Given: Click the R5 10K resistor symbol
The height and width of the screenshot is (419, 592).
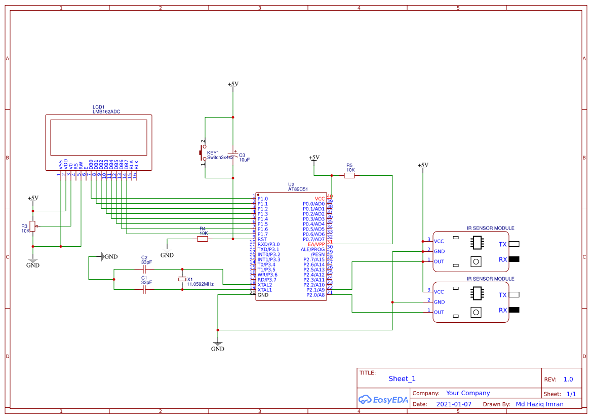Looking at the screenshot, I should pos(349,175).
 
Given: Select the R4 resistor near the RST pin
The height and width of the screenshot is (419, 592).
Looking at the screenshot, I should pos(203,239).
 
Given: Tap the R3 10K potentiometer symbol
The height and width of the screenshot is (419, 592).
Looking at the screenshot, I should pos(33,226).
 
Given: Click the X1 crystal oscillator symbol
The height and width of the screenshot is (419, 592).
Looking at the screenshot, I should pos(182,280).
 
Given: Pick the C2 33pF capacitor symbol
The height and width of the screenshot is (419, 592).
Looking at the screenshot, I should pos(144,270).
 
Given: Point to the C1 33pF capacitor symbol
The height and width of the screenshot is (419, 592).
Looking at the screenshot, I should pos(144,289).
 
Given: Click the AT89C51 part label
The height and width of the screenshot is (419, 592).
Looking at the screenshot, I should pos(298,189).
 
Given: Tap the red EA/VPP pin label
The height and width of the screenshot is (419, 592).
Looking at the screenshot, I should pos(316,244).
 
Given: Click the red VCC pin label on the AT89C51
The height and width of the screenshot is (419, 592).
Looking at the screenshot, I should pos(320,199).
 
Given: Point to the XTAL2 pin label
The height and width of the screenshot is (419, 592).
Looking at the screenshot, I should pos(264,285).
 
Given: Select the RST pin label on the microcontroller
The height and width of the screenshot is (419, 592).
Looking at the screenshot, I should pos(262,239).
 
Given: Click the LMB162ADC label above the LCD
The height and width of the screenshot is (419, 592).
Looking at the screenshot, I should pos(106,111).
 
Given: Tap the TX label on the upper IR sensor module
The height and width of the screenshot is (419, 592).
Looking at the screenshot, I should pos(502,244).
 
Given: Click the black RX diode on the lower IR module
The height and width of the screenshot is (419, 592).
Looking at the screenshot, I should pos(514,310).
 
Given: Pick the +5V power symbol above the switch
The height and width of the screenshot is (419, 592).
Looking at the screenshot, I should pos(233,85).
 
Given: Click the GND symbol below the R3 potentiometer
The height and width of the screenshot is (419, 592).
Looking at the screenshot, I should pos(32,262).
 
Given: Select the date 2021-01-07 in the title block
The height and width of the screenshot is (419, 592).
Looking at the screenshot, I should pos(454,404).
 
